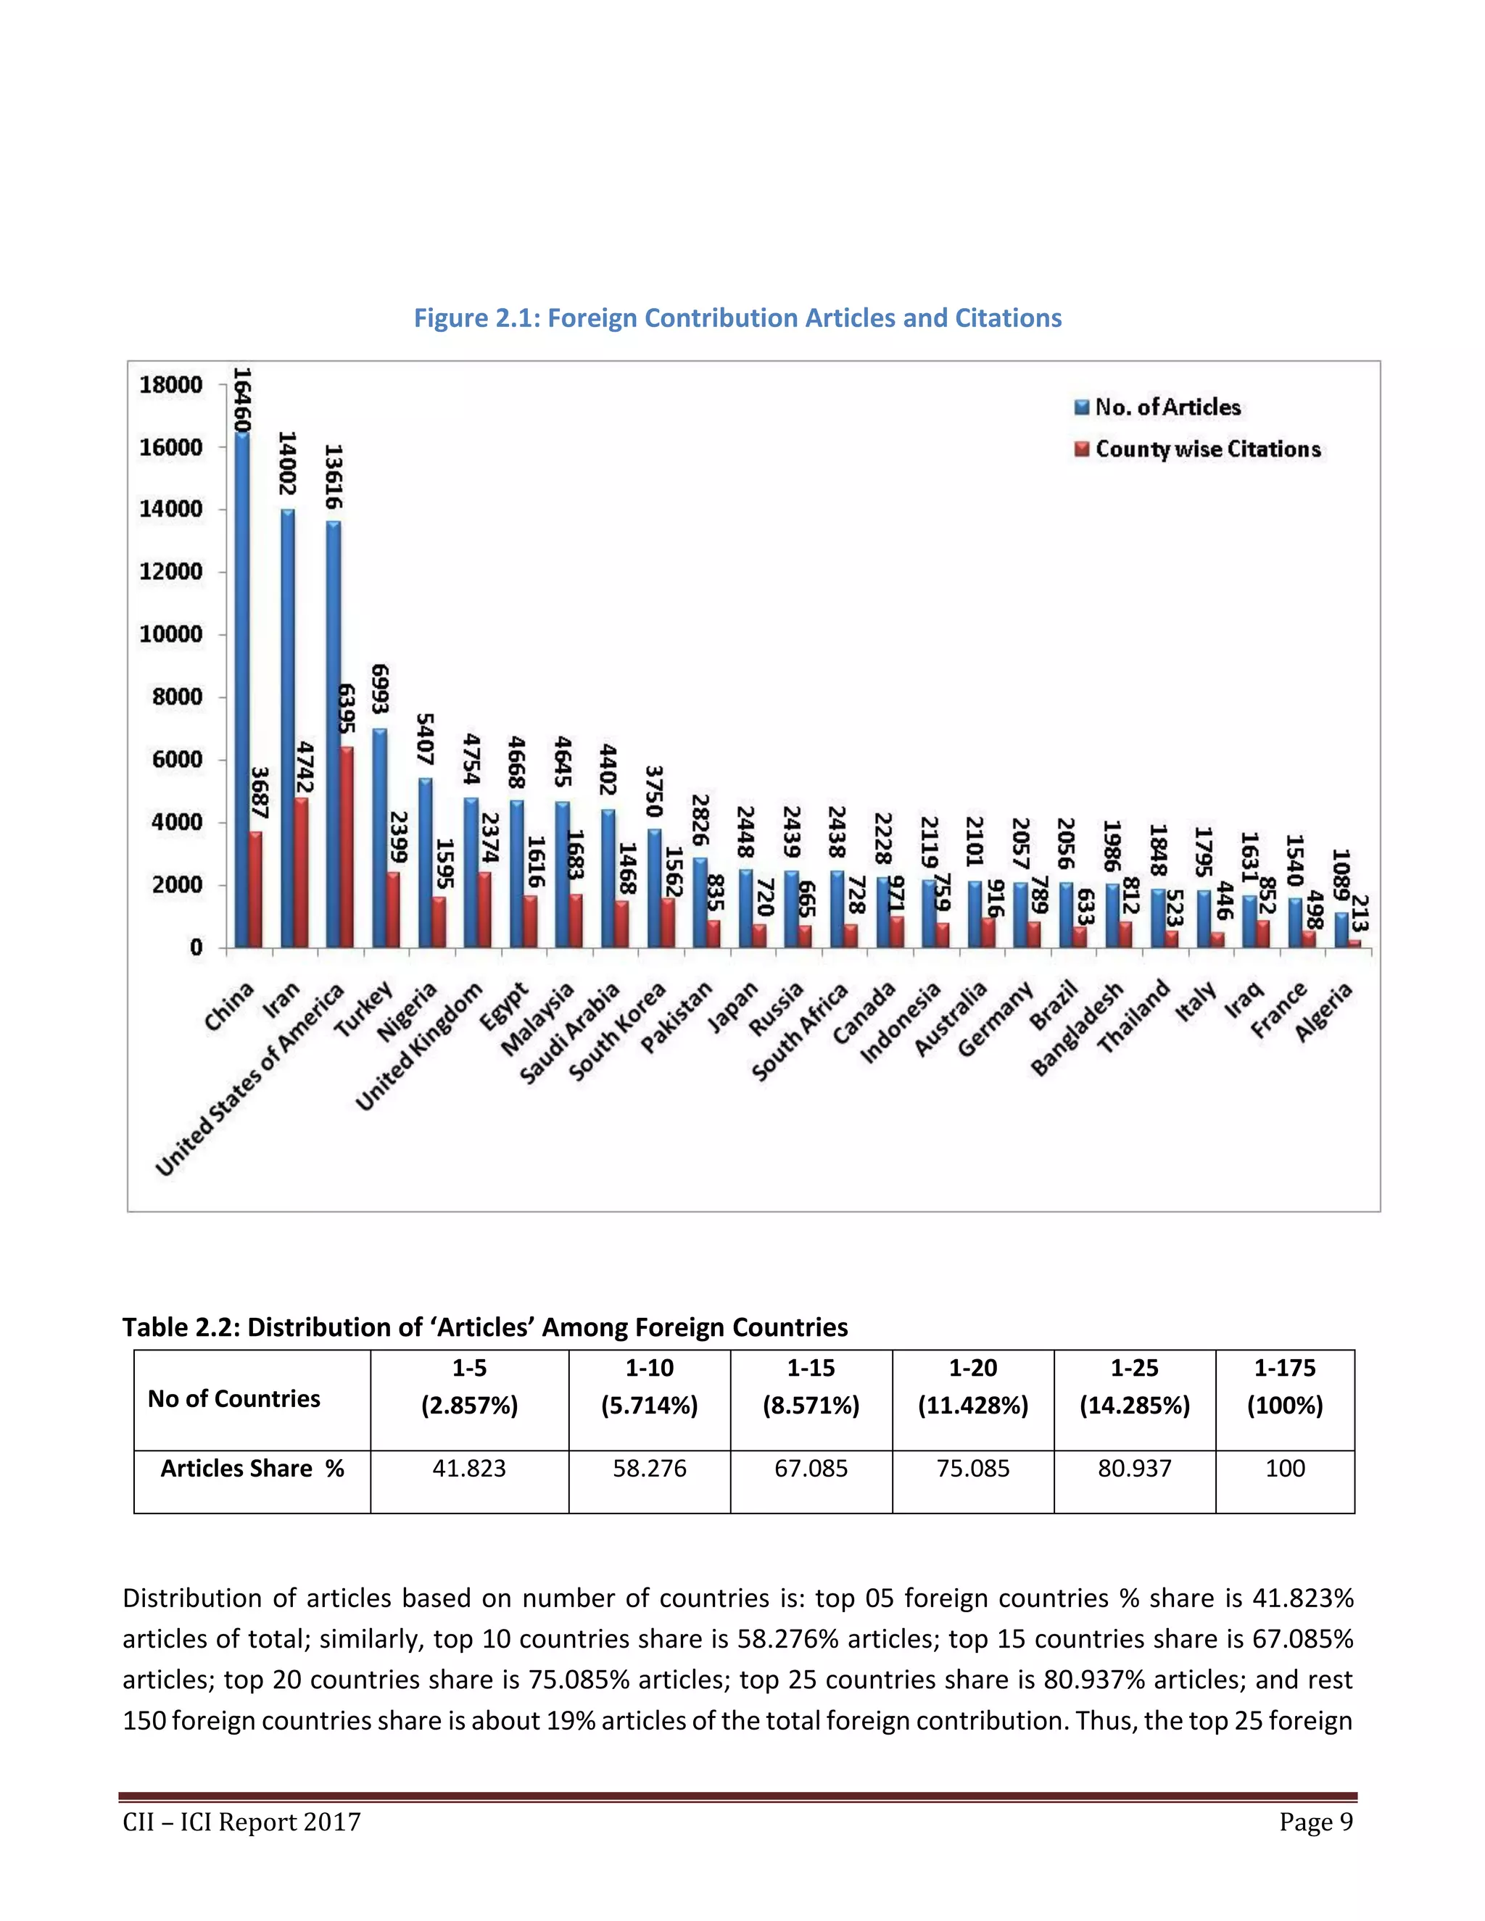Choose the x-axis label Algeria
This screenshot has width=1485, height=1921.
point(1323,1014)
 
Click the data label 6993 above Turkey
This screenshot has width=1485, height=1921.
point(379,689)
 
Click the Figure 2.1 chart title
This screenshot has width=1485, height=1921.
point(737,318)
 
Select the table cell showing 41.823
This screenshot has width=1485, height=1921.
point(469,1468)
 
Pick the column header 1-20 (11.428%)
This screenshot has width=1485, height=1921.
point(972,1386)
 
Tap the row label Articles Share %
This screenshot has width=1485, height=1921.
point(252,1468)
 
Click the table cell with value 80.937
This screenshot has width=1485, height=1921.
point(1134,1468)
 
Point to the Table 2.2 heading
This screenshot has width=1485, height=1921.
point(485,1327)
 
